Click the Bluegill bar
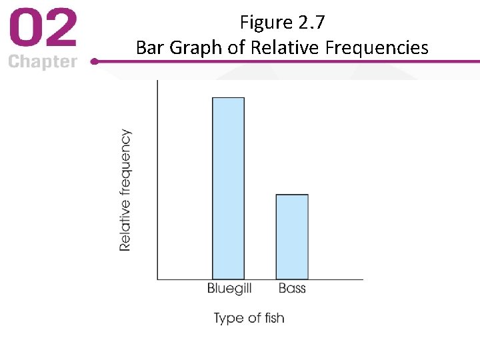(228, 188)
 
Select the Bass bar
(292, 237)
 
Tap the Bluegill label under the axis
(229, 289)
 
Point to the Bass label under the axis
(292, 288)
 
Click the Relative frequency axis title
(125, 190)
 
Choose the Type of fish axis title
(249, 318)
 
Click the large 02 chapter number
(43, 30)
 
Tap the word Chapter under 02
(43, 62)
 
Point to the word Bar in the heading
(149, 47)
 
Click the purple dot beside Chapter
(94, 61)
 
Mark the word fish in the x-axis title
(274, 318)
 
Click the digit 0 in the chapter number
(25, 30)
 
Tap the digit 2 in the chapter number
(61, 30)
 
